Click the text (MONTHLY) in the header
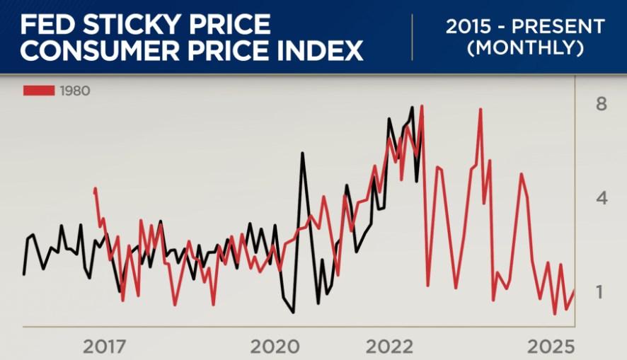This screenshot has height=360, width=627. coord(525,49)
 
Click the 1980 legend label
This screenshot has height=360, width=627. coord(75,91)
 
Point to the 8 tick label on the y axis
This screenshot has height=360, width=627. coord(602,105)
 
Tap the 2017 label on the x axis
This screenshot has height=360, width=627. coord(105,347)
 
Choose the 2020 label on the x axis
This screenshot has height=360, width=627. coord(276,347)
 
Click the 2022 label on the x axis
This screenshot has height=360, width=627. coord(389,347)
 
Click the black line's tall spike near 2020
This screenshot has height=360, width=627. coord(302,153)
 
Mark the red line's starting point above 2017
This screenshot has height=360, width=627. coord(95,190)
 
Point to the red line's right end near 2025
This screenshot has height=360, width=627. coord(574,290)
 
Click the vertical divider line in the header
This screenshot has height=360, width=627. coord(413,37)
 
